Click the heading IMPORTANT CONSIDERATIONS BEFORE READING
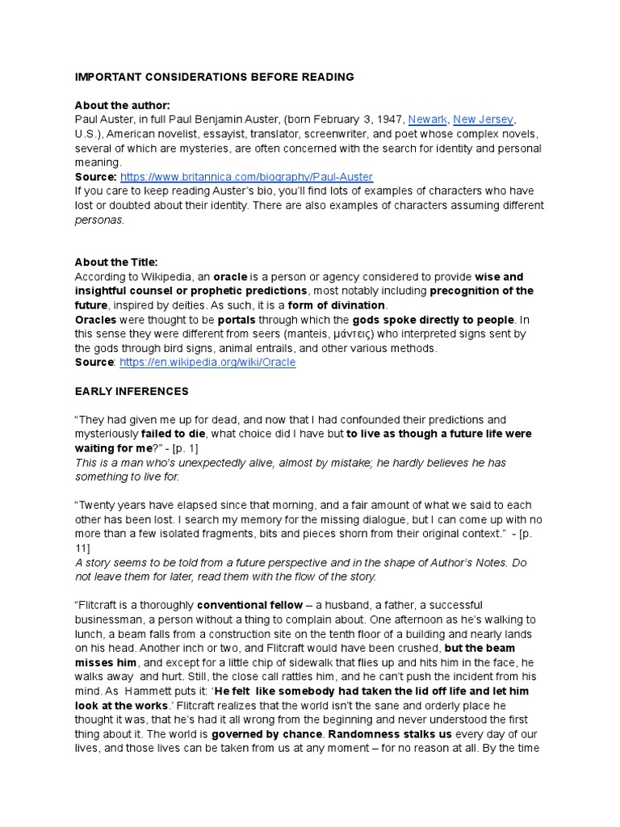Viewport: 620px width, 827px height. (214, 78)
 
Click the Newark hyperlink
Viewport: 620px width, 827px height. (427, 120)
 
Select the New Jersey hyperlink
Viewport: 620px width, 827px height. (483, 120)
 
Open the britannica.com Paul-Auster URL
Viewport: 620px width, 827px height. (246, 177)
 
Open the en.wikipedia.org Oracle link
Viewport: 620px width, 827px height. (207, 363)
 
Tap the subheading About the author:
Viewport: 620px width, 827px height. (122, 106)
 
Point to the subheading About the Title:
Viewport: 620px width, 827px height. (116, 262)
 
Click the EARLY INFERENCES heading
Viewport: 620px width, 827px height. (132, 392)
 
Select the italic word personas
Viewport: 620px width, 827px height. (99, 220)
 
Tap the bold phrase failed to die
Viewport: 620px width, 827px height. (174, 434)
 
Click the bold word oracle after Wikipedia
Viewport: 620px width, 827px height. (230, 277)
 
